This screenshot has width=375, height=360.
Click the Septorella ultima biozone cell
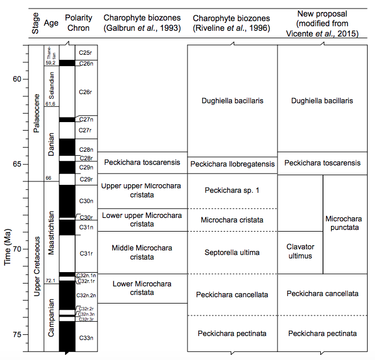click(x=232, y=252)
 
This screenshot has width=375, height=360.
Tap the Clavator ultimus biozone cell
click(x=300, y=252)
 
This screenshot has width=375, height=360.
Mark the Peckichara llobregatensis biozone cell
click(x=232, y=165)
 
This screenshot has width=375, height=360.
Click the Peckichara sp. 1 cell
click(x=232, y=190)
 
